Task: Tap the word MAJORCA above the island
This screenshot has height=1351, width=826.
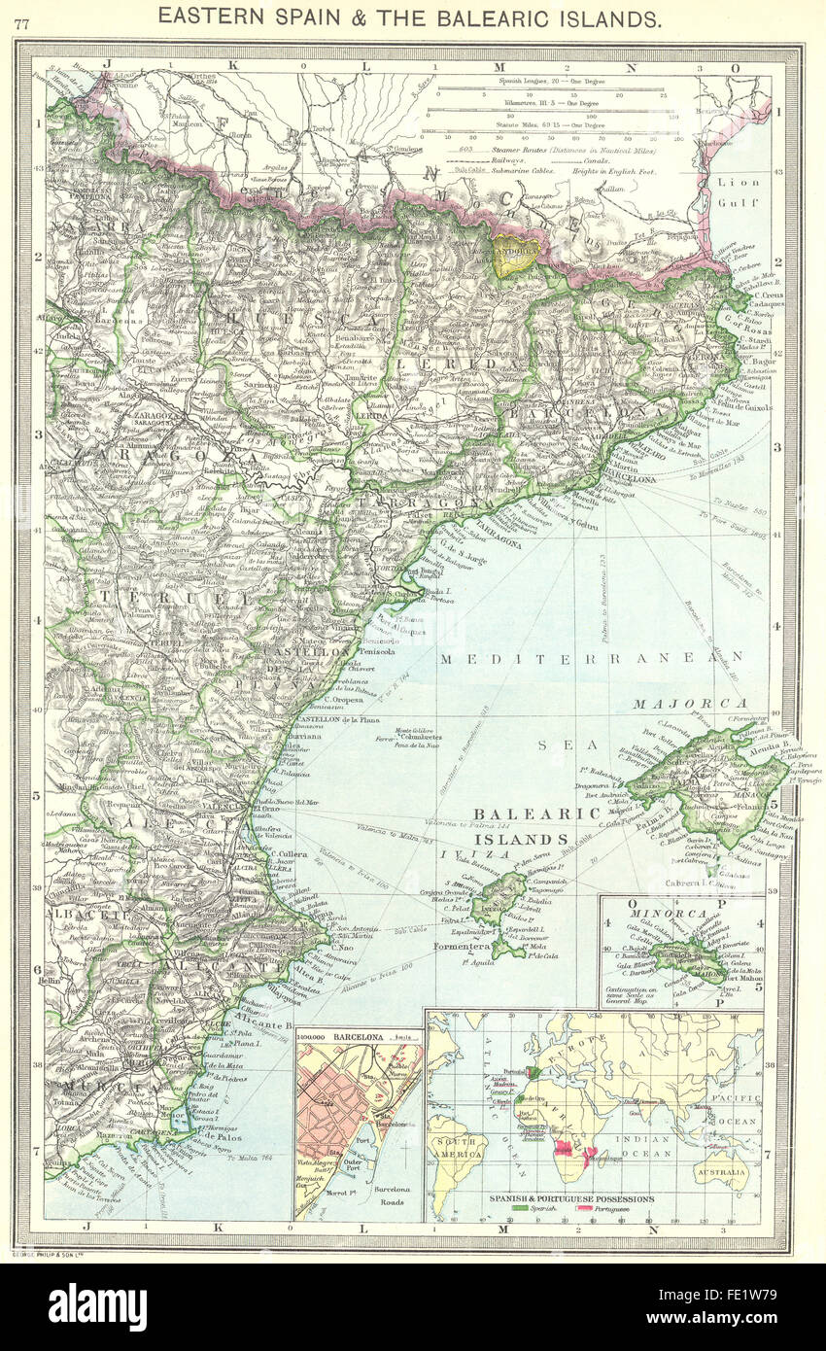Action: pos(690,704)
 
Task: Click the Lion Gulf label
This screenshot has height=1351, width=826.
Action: pos(739,191)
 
